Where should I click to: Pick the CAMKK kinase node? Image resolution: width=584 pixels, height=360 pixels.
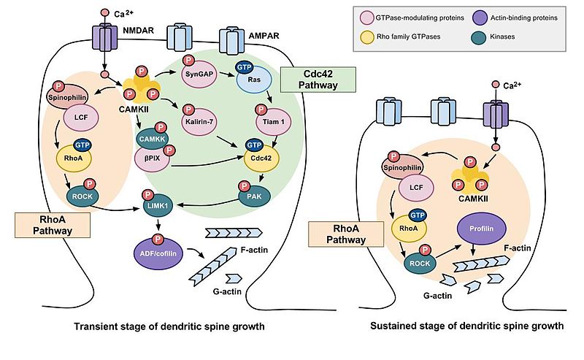(150, 137)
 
